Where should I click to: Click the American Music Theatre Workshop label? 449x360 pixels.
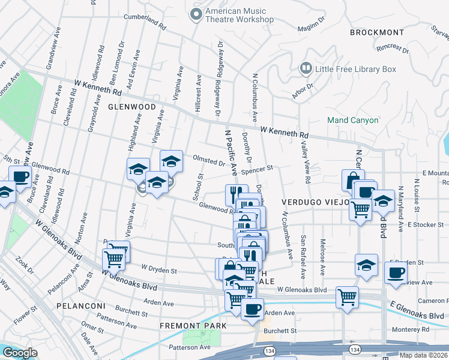[240, 15]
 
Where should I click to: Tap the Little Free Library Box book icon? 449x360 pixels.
[306, 69]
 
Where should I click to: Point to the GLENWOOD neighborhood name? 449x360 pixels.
[127, 106]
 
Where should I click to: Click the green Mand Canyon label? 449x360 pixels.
[353, 120]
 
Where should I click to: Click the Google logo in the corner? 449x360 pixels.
[20, 353]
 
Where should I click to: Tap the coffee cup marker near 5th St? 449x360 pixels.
[20, 176]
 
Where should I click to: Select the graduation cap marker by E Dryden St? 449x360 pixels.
[366, 264]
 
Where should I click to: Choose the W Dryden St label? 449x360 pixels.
[158, 270]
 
